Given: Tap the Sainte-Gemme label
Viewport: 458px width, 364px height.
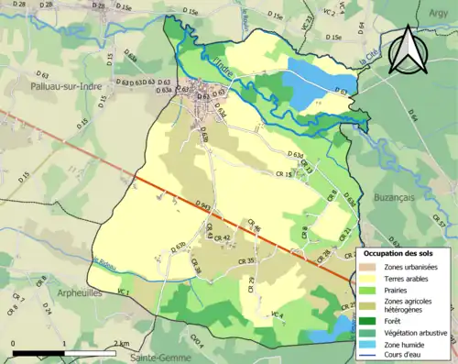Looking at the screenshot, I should click(160, 356).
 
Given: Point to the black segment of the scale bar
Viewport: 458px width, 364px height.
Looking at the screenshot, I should click(38, 351).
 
